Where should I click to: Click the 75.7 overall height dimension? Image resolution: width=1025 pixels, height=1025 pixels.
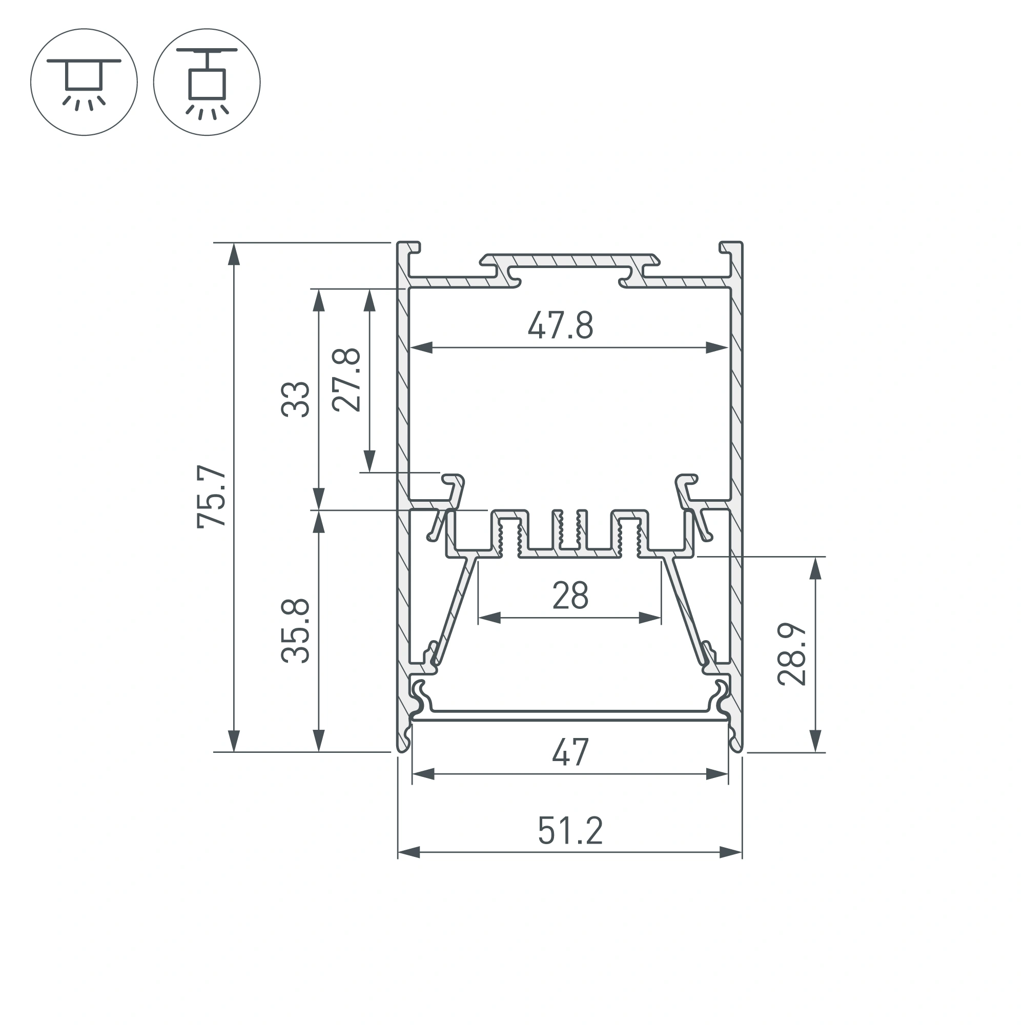click(212, 496)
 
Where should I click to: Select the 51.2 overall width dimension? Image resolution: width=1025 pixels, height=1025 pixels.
click(570, 831)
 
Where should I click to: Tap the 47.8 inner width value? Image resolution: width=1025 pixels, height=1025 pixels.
click(560, 325)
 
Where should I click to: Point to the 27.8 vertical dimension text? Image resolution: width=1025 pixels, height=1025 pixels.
click(346, 380)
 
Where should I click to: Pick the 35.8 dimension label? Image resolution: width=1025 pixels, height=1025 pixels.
click(295, 630)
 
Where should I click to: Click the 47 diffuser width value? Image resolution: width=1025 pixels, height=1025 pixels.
click(570, 752)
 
